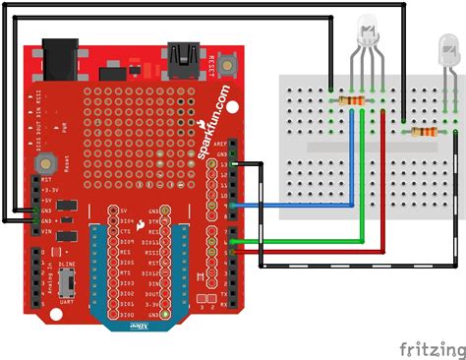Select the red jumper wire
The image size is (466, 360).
(324, 252)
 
